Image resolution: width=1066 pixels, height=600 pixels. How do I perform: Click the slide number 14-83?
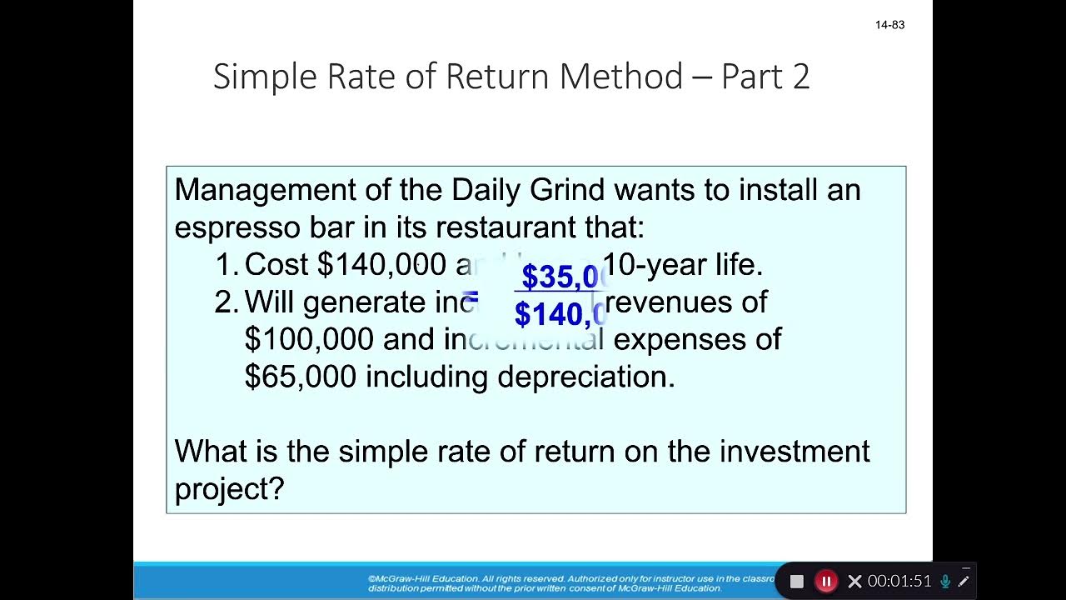pos(889,25)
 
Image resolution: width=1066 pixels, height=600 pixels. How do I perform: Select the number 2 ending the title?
pos(800,77)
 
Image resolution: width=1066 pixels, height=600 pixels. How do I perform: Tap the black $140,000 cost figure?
pos(381,265)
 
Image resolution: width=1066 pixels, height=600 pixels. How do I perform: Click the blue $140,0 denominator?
pos(560,315)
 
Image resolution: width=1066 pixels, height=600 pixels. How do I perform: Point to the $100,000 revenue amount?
pos(308,339)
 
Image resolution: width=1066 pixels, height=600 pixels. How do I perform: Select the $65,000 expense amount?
pos(301,377)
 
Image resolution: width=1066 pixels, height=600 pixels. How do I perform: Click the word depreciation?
pos(585,377)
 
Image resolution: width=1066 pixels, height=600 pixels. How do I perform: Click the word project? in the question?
pos(229,489)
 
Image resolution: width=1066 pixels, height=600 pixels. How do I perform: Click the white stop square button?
pos(797,582)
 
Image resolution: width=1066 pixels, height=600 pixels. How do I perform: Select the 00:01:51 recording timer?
pos(899,582)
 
